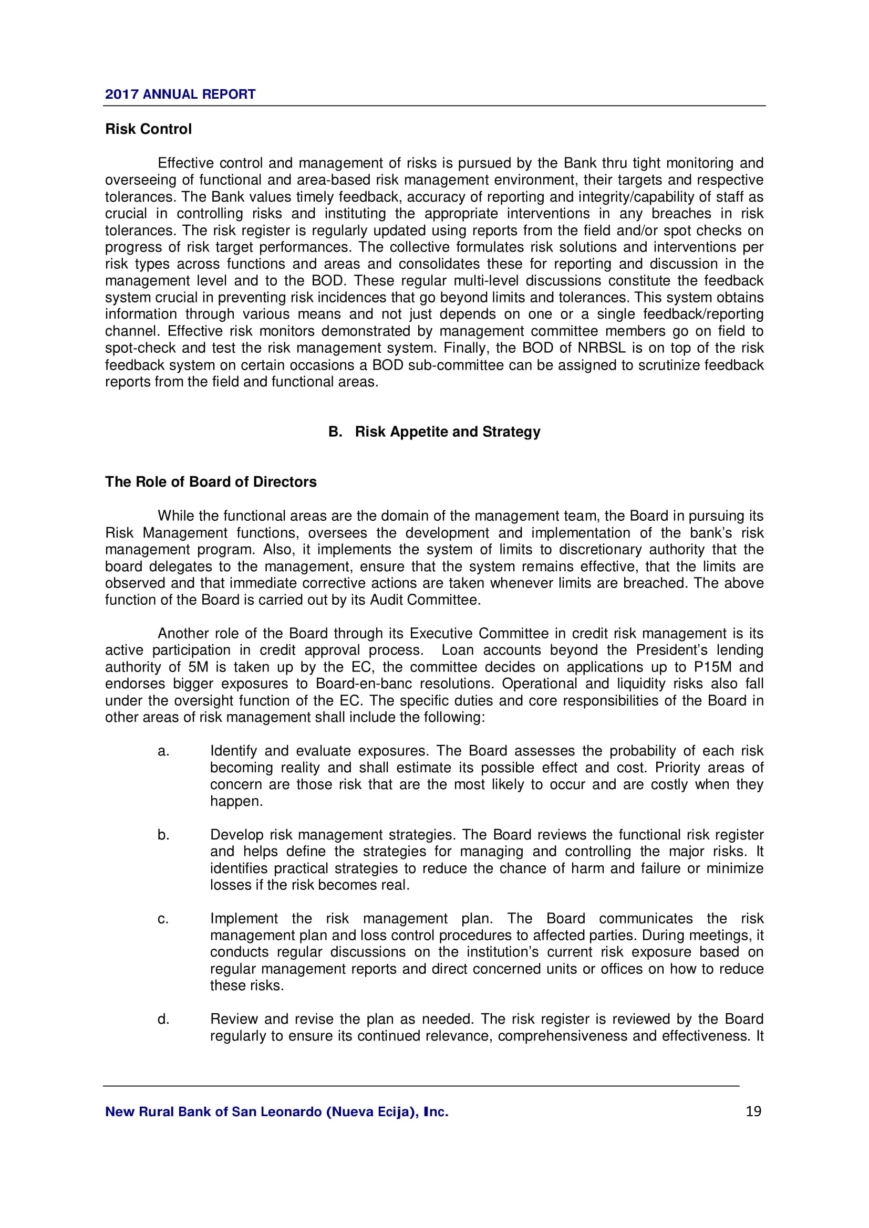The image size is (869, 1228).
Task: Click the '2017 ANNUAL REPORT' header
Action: tap(180, 94)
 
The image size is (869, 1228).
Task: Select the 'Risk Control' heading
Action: tap(148, 129)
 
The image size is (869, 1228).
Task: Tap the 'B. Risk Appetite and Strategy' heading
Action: tap(434, 432)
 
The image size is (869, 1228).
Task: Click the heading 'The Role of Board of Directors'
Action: tap(211, 482)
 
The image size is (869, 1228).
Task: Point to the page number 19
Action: tap(753, 1111)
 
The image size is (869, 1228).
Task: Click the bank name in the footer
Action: tap(277, 1112)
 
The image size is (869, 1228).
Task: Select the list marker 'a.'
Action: tap(163, 751)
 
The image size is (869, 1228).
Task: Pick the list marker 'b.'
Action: tap(163, 835)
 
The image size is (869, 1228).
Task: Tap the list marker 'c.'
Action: tap(163, 919)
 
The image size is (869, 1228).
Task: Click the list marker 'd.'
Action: tap(163, 1020)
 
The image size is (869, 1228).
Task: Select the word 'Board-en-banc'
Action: tap(364, 684)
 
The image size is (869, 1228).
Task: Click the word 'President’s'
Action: tap(671, 650)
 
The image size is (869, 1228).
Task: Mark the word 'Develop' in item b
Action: tap(236, 835)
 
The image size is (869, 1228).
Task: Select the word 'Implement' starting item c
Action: tap(244, 919)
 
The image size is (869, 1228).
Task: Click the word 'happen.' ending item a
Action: tap(236, 801)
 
